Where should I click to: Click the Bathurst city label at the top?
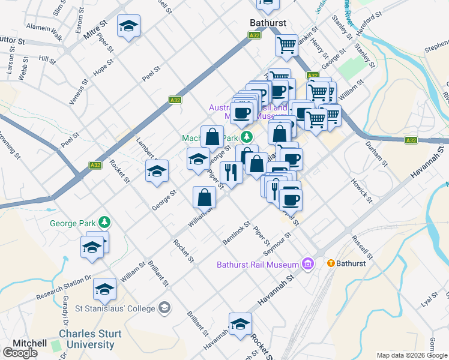pos(268,23)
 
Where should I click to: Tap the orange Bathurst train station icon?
pos(330,263)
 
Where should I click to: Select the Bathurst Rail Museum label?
pos(258,265)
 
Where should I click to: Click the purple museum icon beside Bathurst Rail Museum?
pos(309,263)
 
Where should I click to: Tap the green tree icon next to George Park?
pos(104,223)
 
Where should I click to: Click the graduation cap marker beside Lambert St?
pos(156,172)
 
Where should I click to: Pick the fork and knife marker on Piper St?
pos(231,172)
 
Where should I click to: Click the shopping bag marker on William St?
pos(205,196)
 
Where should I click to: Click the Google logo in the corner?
pos(20,353)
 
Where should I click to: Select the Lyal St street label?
pos(430,298)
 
